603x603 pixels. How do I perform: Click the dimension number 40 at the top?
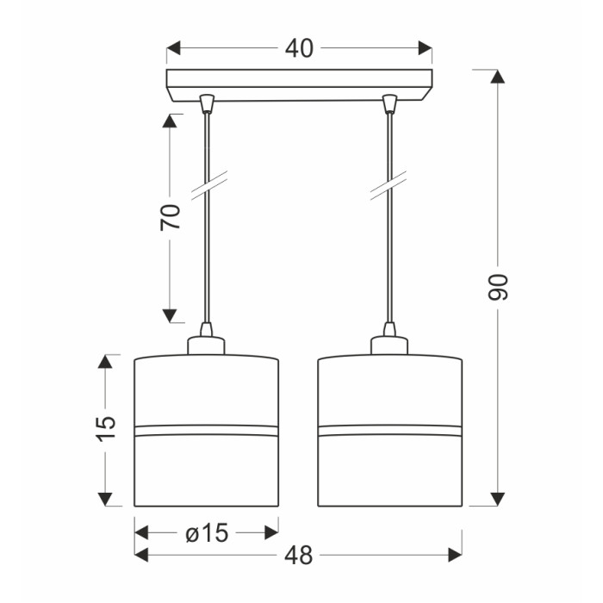(299, 48)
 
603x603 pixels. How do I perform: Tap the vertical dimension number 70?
(171, 217)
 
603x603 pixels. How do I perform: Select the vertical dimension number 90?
(498, 287)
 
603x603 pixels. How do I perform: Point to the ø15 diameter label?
(207, 533)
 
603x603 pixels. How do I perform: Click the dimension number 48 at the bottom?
(299, 556)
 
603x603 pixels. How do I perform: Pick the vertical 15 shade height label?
(105, 428)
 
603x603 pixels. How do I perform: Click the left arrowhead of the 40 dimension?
(174, 48)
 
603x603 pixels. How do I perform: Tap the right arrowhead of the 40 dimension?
(425, 48)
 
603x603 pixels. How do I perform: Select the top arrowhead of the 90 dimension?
(498, 77)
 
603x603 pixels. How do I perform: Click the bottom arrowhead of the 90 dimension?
(498, 499)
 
